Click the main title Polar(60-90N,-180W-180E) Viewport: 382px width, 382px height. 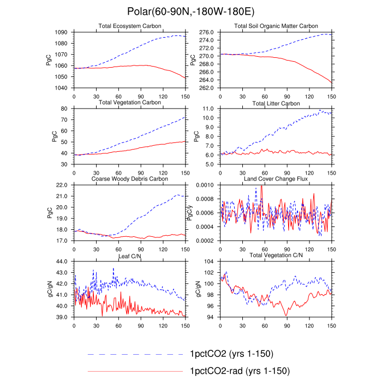tap(191, 11)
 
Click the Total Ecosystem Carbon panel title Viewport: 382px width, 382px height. tap(130, 26)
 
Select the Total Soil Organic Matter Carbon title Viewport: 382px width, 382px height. tap(276, 26)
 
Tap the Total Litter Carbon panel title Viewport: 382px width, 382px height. tap(276, 104)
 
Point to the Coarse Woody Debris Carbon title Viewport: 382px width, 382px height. tap(130, 179)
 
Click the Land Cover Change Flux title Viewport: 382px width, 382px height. tap(276, 179)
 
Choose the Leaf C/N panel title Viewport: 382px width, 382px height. tap(130, 256)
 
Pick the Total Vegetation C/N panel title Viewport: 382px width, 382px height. tap(276, 255)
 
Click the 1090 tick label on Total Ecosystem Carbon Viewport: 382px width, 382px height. tap(61, 32)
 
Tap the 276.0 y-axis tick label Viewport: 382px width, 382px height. tap(206, 32)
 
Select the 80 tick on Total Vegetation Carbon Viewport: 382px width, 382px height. tap(64, 109)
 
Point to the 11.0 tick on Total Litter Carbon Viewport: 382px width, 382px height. tap(208, 109)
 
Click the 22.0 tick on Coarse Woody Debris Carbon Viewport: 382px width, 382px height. tap(62, 185)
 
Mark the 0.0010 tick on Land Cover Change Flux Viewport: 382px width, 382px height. tap(205, 185)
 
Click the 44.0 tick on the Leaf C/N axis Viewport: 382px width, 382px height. tap(62, 261)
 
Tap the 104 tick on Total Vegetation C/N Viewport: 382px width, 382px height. tap(209, 261)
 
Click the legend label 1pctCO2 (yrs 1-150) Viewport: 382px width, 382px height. tap(232, 354)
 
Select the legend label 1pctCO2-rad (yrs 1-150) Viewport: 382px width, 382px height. tap(240, 371)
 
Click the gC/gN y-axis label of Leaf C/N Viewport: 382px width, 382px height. tap(50, 289)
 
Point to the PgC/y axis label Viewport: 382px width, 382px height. tap(189, 213)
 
